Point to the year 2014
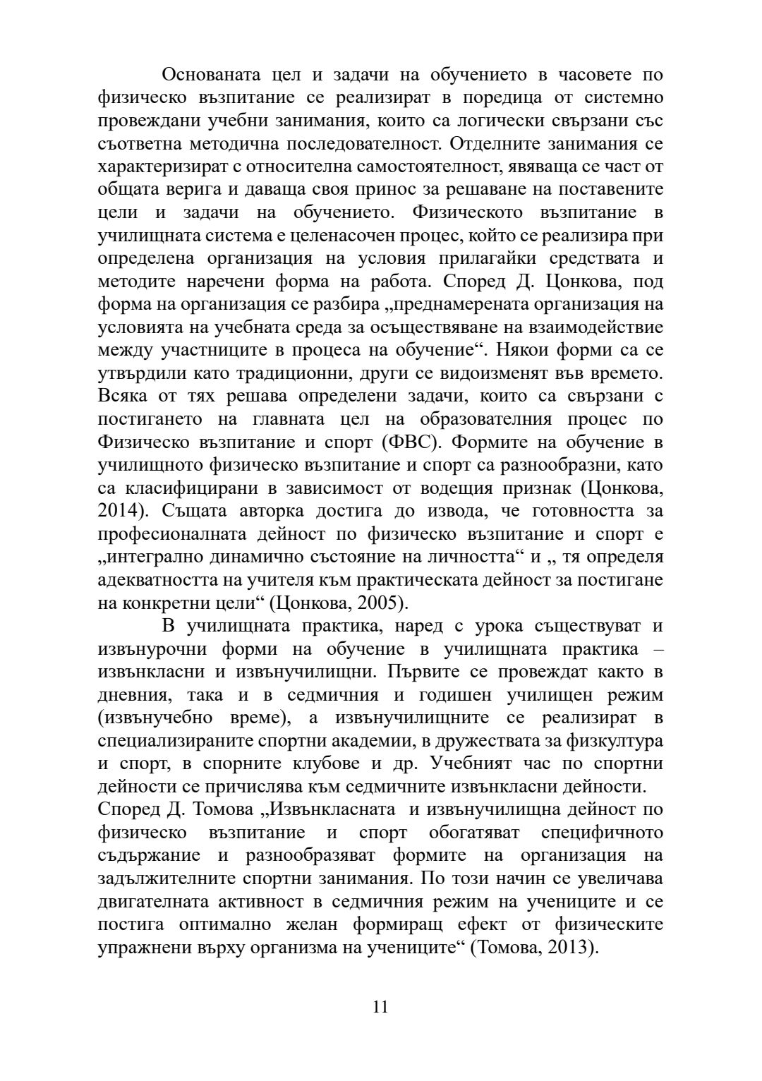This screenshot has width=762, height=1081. pos(116,511)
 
